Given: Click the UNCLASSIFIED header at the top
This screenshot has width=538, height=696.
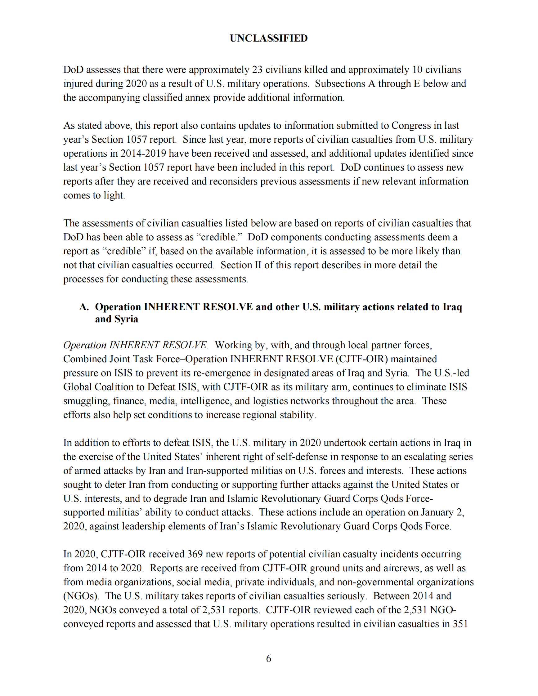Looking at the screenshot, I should click(x=269, y=38).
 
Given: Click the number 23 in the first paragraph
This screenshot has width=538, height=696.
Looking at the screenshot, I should click(x=257, y=70).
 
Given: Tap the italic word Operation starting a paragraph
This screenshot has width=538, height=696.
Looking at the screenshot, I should click(x=84, y=345).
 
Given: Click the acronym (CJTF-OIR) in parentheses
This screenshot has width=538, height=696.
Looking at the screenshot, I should click(x=361, y=359).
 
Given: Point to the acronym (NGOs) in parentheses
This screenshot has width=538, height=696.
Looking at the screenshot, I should click(x=81, y=596).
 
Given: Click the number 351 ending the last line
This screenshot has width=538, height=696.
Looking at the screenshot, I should click(x=460, y=624).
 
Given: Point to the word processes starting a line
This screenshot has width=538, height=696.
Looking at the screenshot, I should click(x=83, y=279).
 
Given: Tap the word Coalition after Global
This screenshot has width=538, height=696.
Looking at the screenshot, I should click(x=113, y=387).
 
